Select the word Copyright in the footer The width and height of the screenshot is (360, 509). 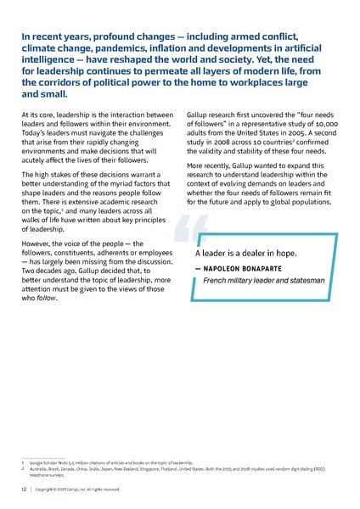[x=50, y=489]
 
